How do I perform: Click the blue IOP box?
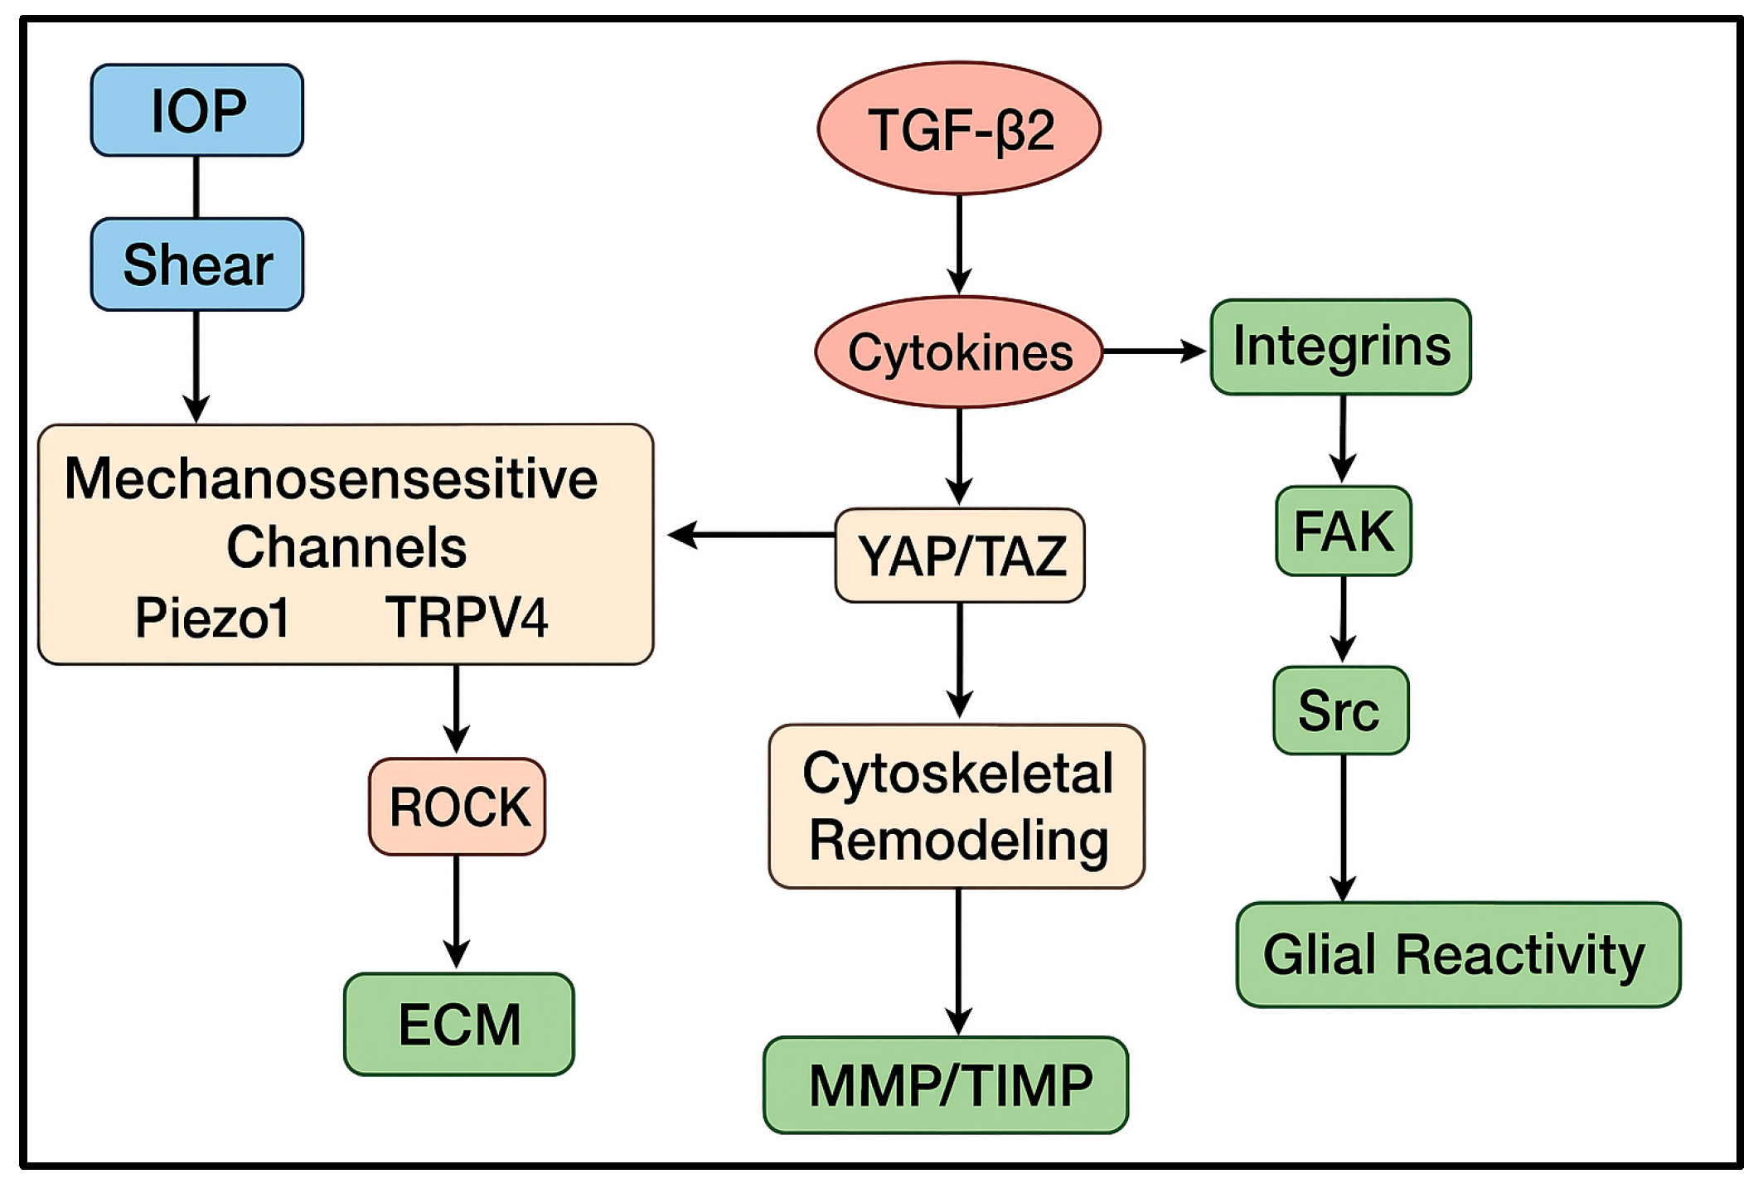pos(197,110)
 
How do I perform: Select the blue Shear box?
pos(197,264)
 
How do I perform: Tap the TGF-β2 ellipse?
pos(959,129)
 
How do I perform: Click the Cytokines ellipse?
pos(959,352)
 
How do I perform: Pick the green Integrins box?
pos(1340,347)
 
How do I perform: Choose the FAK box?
pos(1343,531)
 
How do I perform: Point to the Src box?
pos(1340,711)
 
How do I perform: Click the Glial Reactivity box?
pos(1457,955)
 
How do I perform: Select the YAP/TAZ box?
pos(960,555)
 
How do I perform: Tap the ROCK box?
pos(458,807)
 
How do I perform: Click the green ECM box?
pos(459,1025)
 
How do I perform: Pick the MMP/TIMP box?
pos(946,1085)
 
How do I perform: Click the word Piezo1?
pos(212,618)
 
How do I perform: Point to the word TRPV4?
pos(467,618)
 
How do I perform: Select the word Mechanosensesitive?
pos(331,479)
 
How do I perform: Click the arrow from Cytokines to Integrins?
pos(1154,352)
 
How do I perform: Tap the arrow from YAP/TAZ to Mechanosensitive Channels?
pos(750,535)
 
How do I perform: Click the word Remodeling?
pos(959,841)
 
